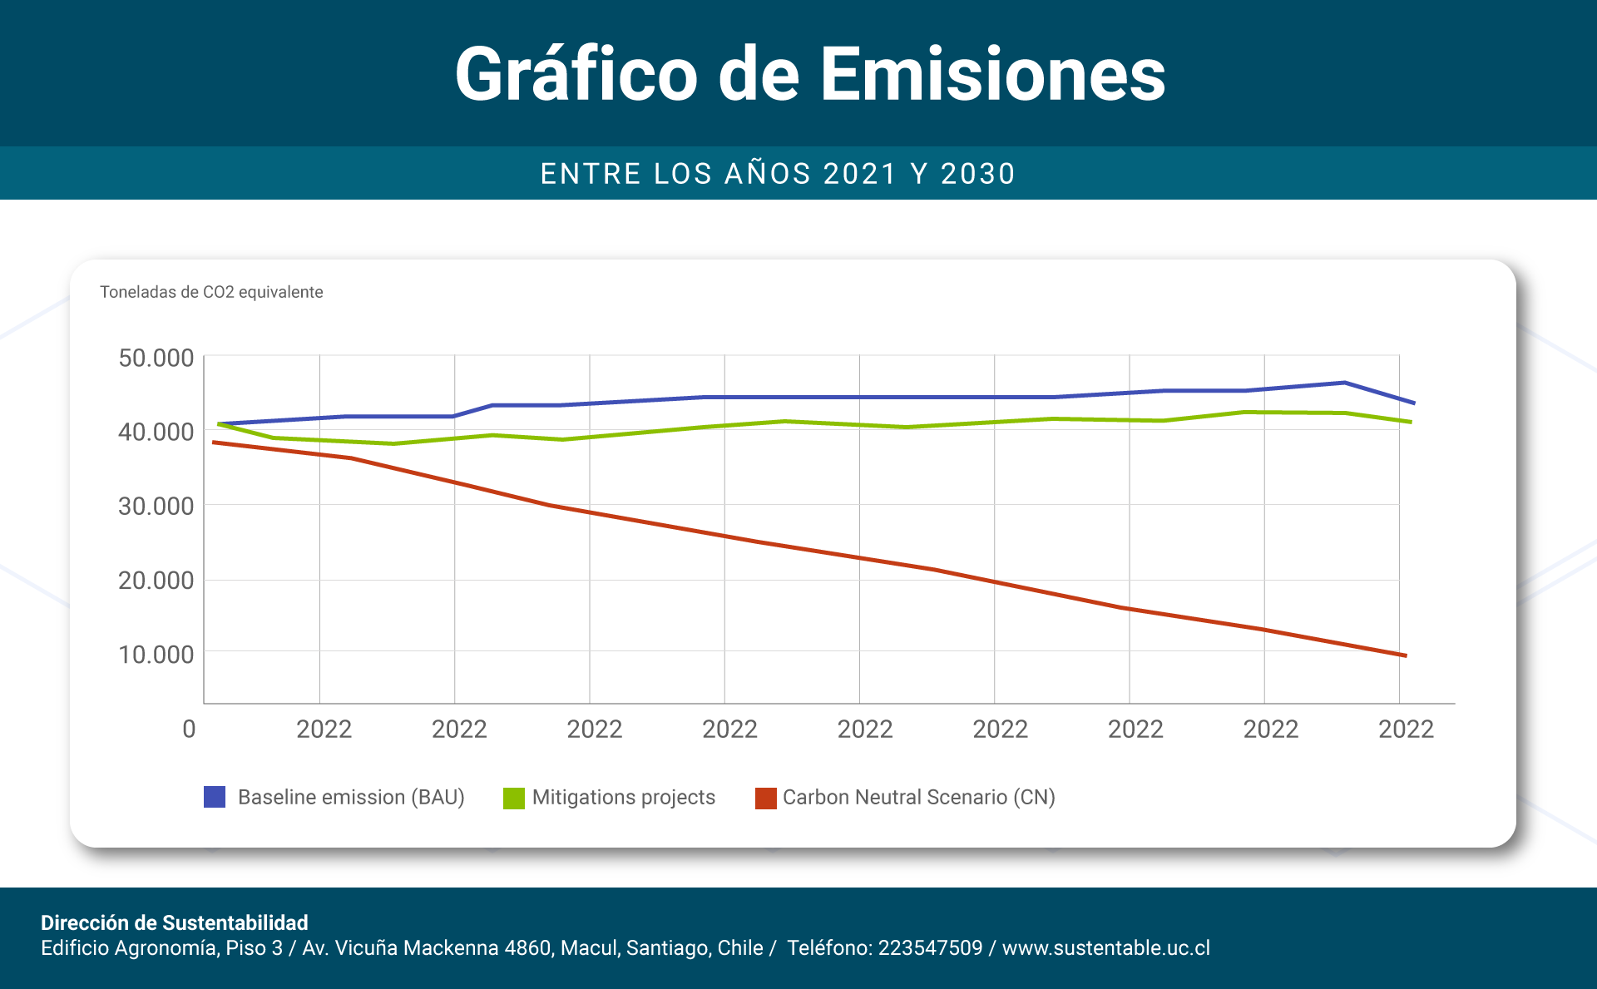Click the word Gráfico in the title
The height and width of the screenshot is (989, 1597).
(576, 75)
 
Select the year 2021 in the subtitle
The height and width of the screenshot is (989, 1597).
(860, 174)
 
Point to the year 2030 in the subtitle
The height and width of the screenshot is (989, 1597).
(977, 174)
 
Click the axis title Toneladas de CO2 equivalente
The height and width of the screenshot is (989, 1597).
(211, 292)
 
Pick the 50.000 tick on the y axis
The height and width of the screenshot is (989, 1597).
(156, 358)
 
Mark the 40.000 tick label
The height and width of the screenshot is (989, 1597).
(156, 432)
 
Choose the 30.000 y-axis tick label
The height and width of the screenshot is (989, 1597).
(156, 506)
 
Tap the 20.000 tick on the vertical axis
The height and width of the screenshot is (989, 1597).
(156, 580)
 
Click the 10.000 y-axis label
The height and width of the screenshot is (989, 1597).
(156, 655)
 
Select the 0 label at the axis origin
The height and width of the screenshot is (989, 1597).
(189, 729)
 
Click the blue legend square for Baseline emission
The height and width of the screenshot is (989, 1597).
(215, 797)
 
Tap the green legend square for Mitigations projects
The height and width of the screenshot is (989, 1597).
(514, 798)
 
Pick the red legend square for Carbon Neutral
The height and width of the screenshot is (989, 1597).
(765, 798)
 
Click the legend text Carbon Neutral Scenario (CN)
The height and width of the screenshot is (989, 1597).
(918, 797)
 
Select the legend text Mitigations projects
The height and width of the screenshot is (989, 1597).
(623, 797)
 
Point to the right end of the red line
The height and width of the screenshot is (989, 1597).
(1404, 655)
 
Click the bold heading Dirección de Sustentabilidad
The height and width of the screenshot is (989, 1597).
(175, 922)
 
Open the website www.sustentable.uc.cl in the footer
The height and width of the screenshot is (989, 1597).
(1105, 947)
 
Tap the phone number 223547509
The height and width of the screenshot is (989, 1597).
(930, 947)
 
